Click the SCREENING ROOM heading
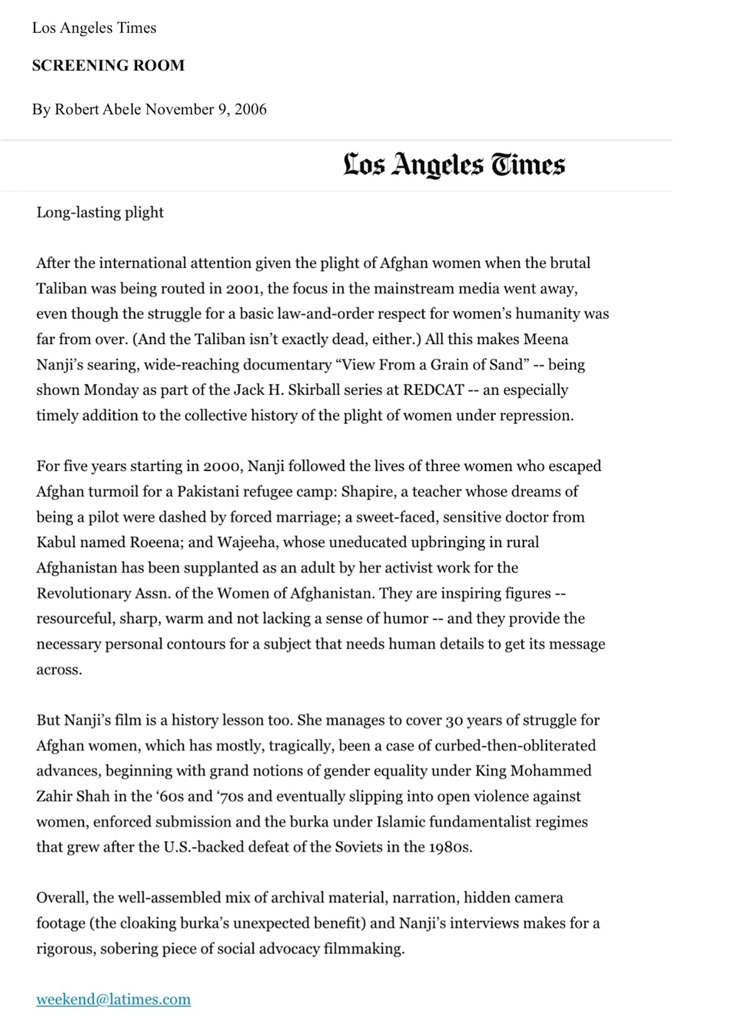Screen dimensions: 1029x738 [x=108, y=65]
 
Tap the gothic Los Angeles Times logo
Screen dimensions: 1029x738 [x=454, y=165]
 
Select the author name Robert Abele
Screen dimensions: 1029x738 [x=97, y=110]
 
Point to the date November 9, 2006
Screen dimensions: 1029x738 [x=206, y=110]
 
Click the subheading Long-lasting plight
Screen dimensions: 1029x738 [x=100, y=212]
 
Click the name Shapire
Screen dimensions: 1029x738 [x=368, y=491]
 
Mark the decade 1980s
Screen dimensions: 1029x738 [x=450, y=847]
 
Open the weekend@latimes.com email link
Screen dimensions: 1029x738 [x=113, y=1000]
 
